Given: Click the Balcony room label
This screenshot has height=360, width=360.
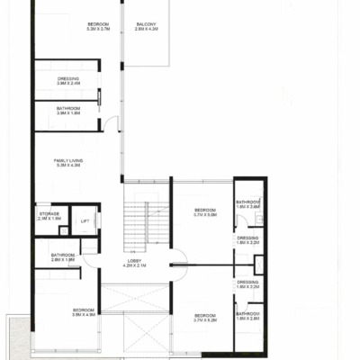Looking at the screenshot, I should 146,23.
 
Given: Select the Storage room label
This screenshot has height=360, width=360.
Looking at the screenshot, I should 49,213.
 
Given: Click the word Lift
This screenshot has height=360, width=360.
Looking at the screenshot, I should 85,220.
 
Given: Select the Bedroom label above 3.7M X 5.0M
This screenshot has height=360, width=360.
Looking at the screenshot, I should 206,210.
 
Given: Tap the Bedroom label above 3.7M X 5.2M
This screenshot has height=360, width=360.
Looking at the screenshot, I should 206,314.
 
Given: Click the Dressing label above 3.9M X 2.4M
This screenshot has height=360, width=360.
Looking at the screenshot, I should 68,78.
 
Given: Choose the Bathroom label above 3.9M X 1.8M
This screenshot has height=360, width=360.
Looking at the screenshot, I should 68,108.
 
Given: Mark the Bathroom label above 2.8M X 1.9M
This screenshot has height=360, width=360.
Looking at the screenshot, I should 63,255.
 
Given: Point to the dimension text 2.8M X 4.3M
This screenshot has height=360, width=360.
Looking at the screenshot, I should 146,29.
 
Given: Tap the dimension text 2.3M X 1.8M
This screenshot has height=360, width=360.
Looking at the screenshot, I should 49,219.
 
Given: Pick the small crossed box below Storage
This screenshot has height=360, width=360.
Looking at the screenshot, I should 63,231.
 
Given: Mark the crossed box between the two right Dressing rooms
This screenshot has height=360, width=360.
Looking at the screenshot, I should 259,264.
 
